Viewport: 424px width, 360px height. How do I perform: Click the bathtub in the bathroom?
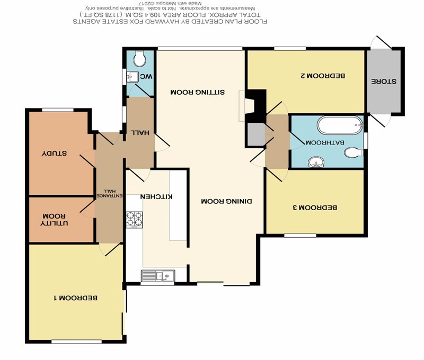coord(340,125)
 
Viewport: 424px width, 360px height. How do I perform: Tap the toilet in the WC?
coord(140,58)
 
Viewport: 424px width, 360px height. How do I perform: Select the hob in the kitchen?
coord(135,220)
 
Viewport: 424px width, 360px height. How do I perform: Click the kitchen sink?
coord(158,276)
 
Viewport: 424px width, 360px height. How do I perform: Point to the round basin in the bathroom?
coord(316,162)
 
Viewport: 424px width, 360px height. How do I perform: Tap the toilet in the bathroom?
coord(354,152)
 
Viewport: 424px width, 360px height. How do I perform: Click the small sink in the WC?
coord(132,77)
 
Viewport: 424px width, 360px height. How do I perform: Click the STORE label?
coord(383,82)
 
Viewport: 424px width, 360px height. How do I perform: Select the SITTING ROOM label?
coord(197,92)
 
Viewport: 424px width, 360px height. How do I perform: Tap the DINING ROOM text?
coord(227,201)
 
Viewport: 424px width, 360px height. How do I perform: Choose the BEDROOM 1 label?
coord(76,298)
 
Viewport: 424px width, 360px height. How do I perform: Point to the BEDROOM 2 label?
coord(323,75)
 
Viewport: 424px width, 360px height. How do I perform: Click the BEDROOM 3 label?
coord(315,208)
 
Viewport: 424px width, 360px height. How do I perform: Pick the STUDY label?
coord(55,153)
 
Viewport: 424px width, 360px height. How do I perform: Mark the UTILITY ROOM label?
coord(54,220)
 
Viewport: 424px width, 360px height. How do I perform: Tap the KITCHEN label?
coord(156,196)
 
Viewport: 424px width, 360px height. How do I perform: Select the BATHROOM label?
coord(325,142)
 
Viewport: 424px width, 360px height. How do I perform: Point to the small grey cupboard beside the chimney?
coord(257,135)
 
